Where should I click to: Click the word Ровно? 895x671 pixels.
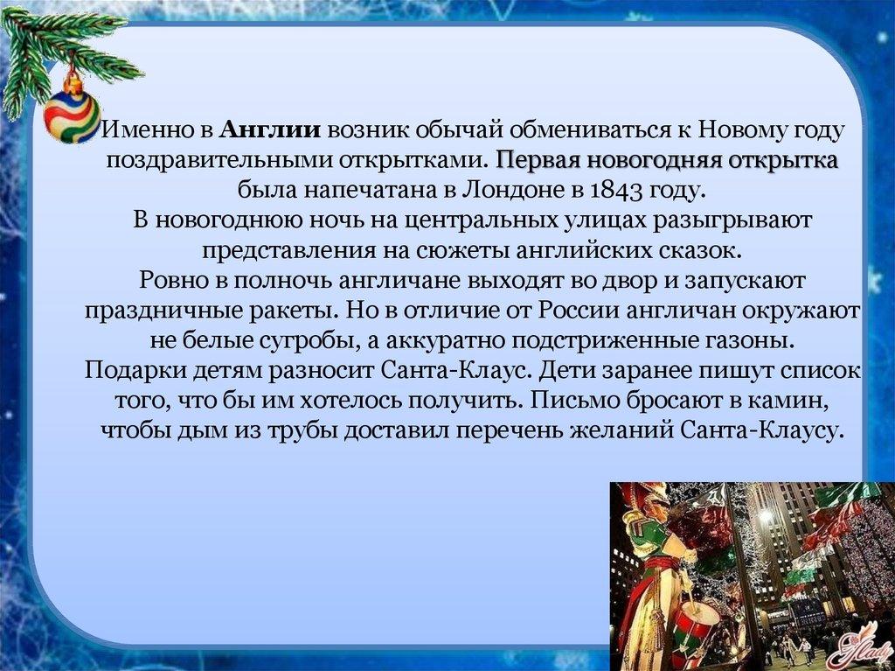(169, 281)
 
